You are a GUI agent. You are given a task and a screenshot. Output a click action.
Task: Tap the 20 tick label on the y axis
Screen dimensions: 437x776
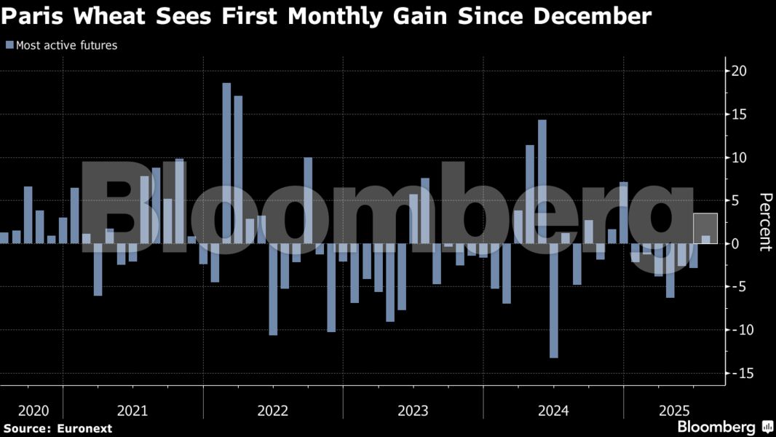(x=739, y=71)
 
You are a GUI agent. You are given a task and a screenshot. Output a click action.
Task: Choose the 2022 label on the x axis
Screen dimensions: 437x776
(x=273, y=411)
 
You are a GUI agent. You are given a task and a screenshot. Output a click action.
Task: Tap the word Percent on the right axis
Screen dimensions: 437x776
(x=764, y=222)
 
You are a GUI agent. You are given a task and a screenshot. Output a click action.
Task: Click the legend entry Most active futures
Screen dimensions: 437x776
(x=66, y=45)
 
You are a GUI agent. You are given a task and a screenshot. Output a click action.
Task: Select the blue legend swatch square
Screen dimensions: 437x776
(x=9, y=45)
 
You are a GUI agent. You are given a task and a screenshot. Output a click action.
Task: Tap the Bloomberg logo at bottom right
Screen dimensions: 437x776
(x=716, y=427)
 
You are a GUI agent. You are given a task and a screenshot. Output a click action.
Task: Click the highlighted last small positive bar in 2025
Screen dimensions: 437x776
(x=705, y=239)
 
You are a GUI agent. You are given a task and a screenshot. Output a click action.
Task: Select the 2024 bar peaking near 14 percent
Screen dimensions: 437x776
(x=542, y=181)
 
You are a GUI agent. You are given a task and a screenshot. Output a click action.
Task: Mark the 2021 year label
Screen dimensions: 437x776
(x=132, y=411)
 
